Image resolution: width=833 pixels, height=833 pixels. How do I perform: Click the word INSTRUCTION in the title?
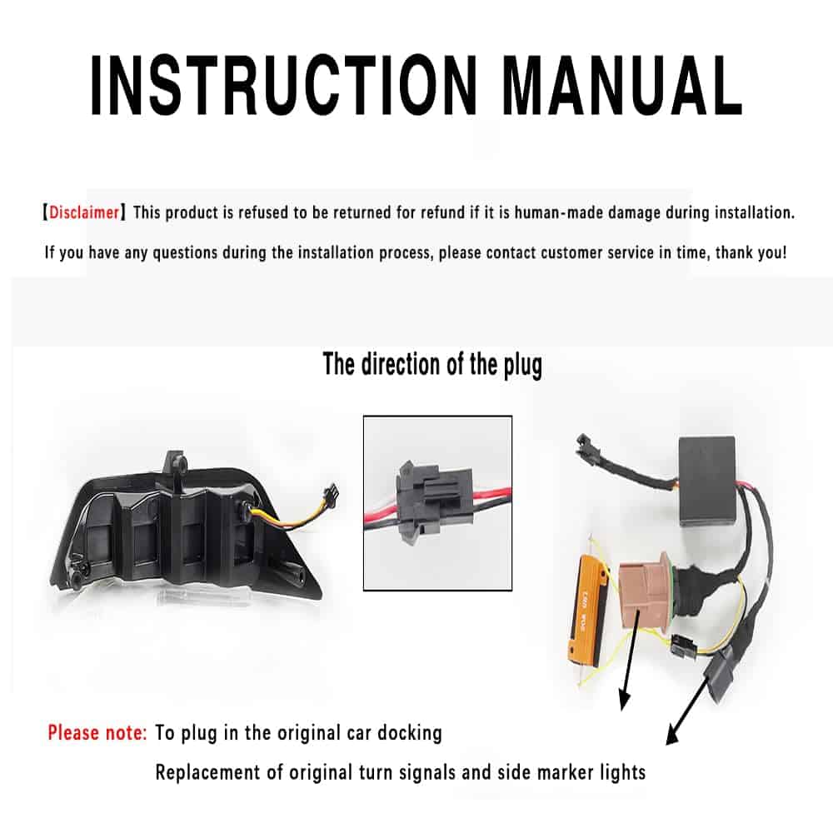coord(284,85)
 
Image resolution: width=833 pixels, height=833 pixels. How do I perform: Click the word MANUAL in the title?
coord(622,85)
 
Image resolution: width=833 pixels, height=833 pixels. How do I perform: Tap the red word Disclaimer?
coord(84,212)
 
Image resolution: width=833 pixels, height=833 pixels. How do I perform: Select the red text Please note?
coord(97,732)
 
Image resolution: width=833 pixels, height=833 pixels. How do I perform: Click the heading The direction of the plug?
coord(432,365)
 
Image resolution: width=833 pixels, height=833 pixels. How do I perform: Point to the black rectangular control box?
coord(707,481)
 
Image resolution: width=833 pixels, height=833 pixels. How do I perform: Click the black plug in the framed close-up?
coord(432,503)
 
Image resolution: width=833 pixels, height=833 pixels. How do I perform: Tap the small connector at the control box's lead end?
coord(584,444)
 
